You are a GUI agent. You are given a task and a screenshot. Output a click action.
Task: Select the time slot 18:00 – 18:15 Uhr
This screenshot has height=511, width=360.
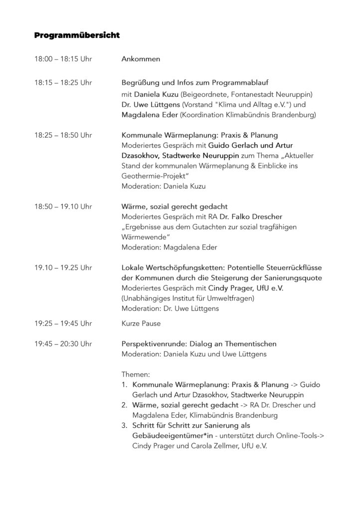point(63,59)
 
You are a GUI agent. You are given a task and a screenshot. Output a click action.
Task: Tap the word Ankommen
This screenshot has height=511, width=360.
point(141,59)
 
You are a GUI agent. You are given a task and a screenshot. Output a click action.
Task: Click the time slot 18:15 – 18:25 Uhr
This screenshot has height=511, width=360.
point(63,82)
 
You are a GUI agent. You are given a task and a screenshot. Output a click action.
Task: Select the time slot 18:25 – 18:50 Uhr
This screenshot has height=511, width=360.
point(63,135)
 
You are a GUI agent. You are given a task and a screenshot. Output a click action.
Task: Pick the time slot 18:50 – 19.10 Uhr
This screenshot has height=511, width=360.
point(63,206)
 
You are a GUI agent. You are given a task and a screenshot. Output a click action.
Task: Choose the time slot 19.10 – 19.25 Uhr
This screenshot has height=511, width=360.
point(63,268)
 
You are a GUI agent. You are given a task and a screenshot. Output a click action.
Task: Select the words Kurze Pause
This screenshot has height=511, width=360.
point(141,323)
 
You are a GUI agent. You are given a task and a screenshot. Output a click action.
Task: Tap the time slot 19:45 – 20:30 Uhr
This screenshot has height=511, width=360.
point(63,344)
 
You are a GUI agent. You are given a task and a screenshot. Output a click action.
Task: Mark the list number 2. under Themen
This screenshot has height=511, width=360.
point(125,405)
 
